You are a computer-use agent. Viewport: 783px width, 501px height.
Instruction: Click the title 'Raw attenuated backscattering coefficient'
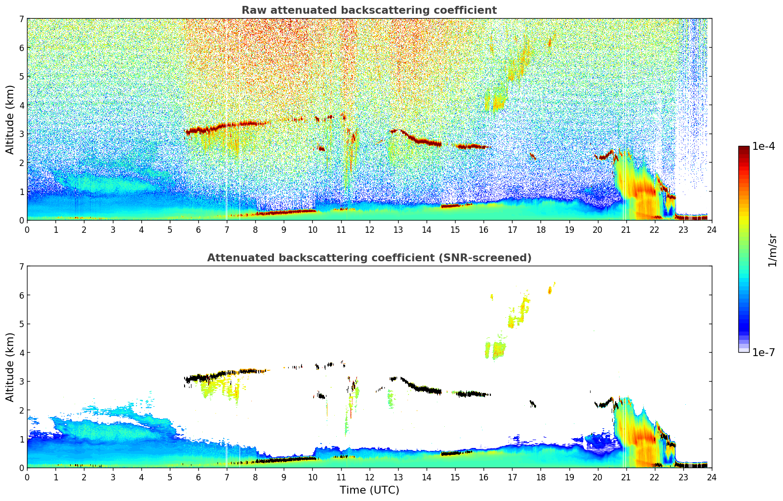pos(369,10)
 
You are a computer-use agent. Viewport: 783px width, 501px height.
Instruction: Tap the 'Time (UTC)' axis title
pos(369,490)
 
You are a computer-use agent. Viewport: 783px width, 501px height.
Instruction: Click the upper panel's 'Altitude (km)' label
pos(10,119)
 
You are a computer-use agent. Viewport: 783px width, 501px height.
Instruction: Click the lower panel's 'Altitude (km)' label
pos(10,367)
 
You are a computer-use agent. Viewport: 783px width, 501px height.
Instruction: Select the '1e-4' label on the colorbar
pos(764,146)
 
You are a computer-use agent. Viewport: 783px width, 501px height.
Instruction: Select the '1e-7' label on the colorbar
pos(764,352)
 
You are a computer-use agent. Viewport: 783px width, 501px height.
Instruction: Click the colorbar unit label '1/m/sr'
pos(772,250)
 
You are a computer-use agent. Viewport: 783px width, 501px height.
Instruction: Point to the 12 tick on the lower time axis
pos(369,477)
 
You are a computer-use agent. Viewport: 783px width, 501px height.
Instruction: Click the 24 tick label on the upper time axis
pos(711,230)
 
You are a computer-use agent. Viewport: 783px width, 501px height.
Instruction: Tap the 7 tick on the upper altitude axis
pos(21,19)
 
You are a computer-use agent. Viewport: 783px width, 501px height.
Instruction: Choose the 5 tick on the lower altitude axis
pos(21,324)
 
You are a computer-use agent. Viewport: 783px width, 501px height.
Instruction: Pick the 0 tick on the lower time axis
pos(27,477)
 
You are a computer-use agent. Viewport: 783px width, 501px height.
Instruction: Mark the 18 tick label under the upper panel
pos(540,230)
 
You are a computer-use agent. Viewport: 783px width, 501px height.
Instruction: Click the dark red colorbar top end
pos(744,149)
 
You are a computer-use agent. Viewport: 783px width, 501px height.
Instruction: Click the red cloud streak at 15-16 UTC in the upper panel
pos(471,146)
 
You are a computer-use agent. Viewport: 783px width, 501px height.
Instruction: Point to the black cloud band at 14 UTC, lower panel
pos(427,390)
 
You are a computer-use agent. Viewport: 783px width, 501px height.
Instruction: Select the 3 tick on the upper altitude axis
pos(21,134)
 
